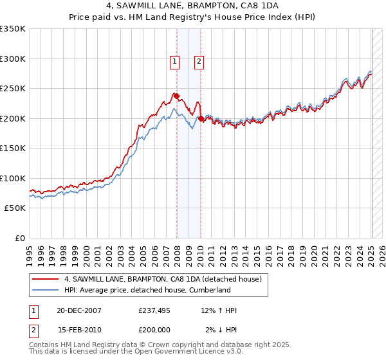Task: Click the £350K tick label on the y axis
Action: coord(14,29)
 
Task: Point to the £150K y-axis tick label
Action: coord(14,148)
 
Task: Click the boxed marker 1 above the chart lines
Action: coord(174,62)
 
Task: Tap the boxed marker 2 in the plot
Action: coord(199,62)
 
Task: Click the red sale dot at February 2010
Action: coord(201,118)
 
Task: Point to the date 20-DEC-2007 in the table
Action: coord(79,310)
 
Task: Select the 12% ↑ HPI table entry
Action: coord(219,310)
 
